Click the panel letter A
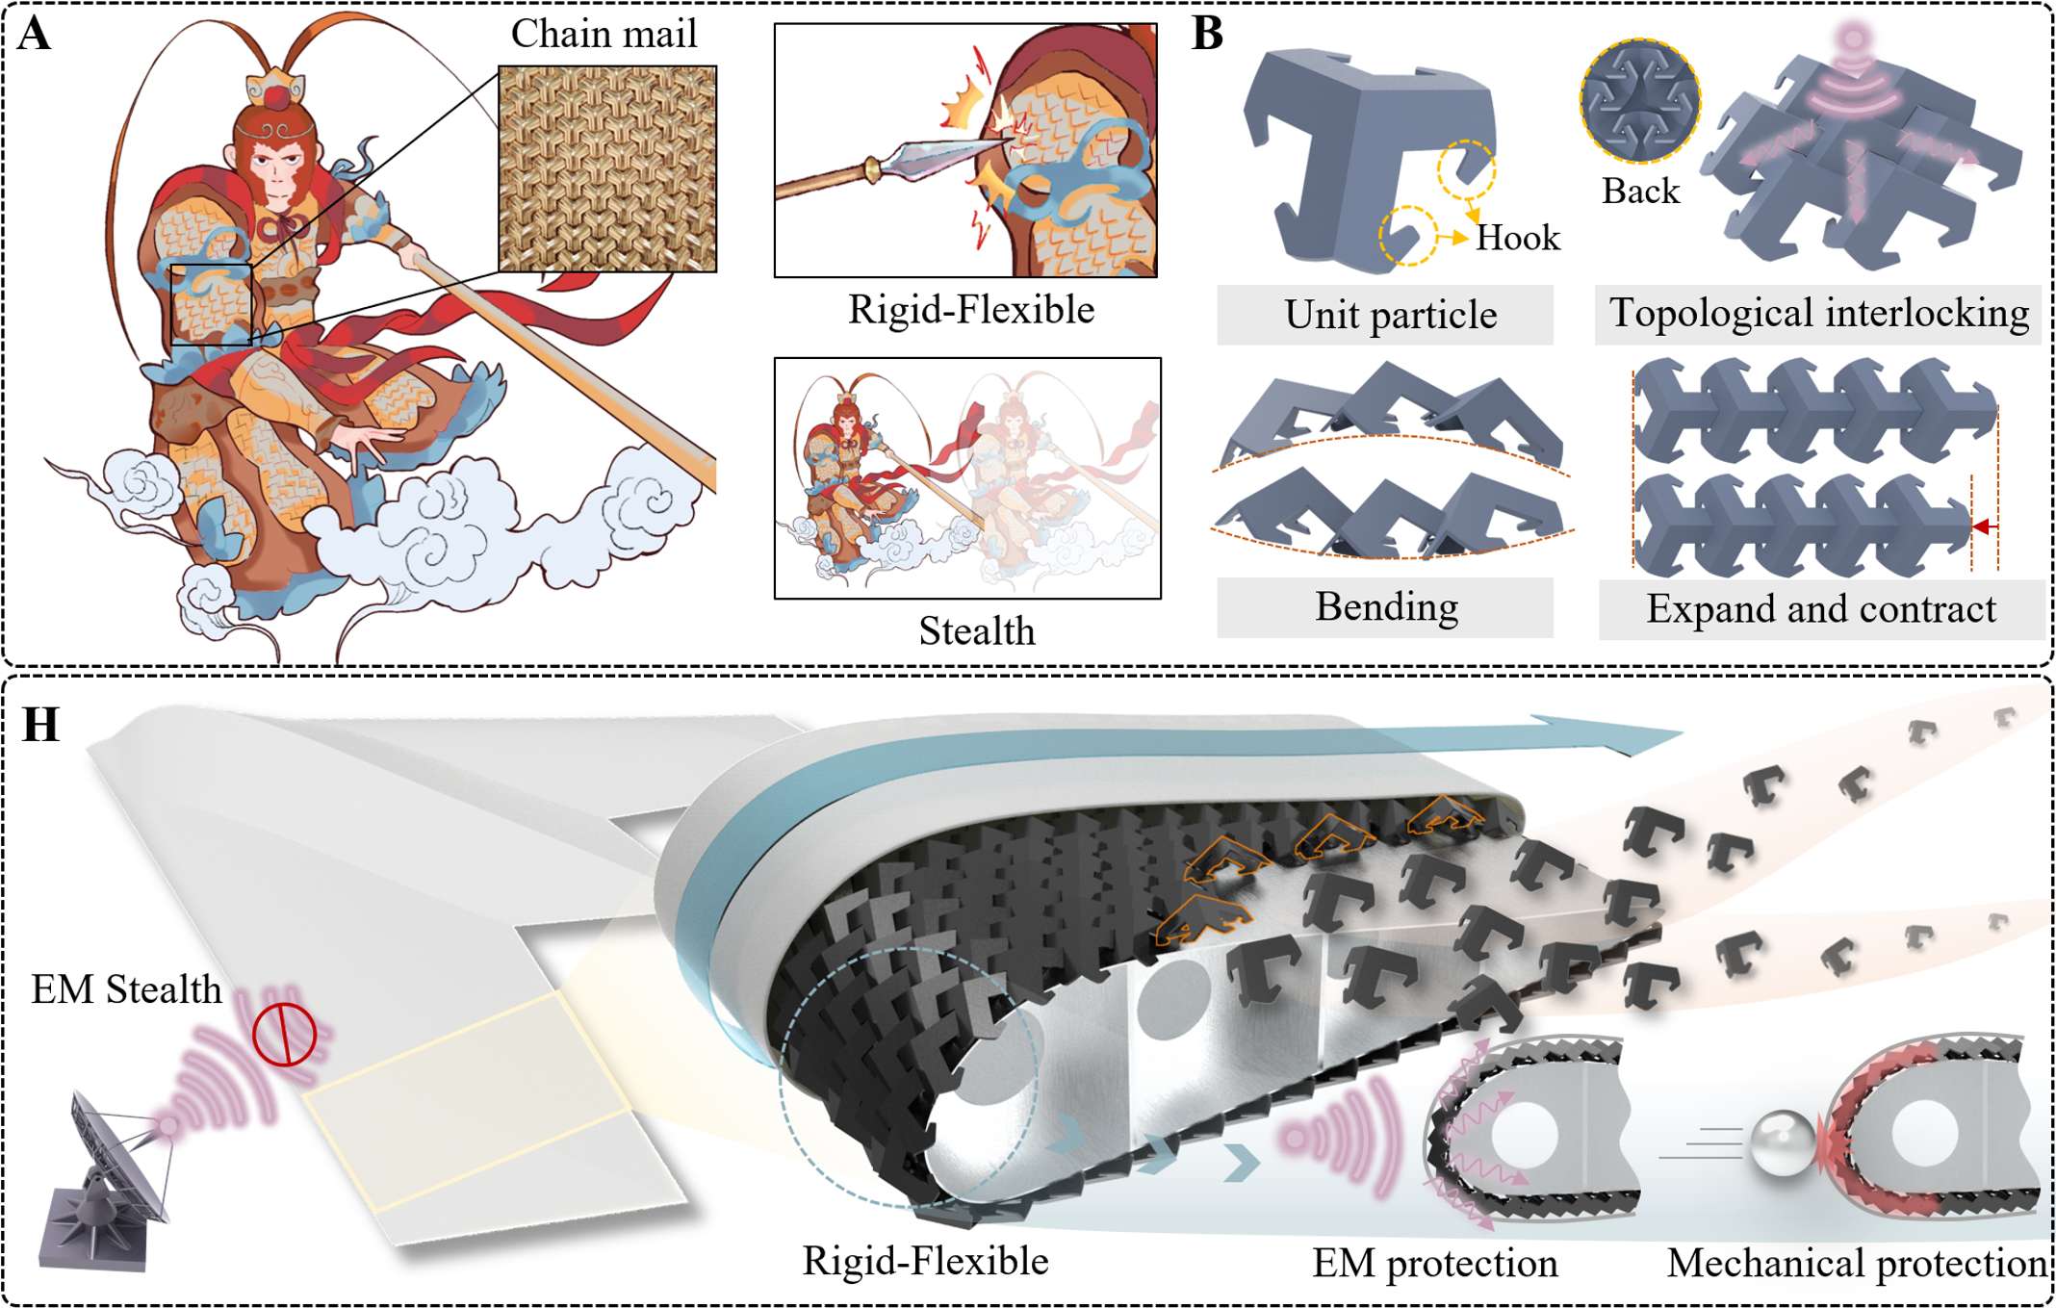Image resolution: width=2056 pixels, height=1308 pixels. [x=34, y=35]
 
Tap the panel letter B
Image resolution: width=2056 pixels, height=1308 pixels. [x=1207, y=35]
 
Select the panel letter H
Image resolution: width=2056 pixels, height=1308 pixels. [x=40, y=725]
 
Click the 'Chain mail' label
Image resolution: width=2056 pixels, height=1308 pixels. [x=604, y=35]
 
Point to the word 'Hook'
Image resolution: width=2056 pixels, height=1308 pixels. [x=1518, y=238]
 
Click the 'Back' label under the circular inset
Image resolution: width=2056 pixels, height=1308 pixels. [x=1640, y=192]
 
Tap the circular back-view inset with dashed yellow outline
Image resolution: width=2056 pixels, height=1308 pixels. [x=1640, y=99]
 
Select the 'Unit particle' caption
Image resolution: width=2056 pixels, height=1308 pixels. [x=1390, y=315]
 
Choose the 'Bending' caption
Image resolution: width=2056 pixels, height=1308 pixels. [x=1386, y=607]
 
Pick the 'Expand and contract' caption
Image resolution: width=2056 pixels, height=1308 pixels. [x=1821, y=609]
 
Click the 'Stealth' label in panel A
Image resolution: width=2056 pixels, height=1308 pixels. [x=976, y=631]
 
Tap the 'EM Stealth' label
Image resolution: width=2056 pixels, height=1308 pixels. [x=126, y=989]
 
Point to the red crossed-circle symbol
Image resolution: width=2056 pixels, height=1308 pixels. [x=284, y=1035]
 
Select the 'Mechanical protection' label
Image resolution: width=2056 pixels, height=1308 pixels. [x=1858, y=1264]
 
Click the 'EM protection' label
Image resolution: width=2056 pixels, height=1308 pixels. [x=1434, y=1264]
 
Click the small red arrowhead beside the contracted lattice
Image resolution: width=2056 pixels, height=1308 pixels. [x=1981, y=526]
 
